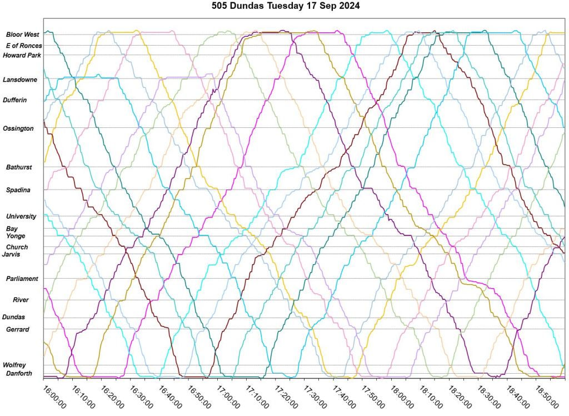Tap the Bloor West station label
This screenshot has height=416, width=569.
(x=23, y=34)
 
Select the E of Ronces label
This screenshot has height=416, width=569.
(x=24, y=46)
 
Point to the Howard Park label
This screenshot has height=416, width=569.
(x=22, y=55)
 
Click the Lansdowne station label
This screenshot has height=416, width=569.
(x=20, y=80)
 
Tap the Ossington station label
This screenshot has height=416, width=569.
(x=18, y=128)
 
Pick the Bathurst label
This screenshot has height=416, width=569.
(x=19, y=167)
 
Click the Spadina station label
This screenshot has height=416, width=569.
(x=18, y=190)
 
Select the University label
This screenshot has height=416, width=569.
(x=21, y=216)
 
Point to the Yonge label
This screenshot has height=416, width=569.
(x=16, y=236)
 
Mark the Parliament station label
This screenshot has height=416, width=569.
(x=22, y=279)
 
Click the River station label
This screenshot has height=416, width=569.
(x=21, y=300)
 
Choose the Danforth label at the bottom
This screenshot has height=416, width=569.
(x=19, y=373)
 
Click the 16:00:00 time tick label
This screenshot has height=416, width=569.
(x=54, y=395)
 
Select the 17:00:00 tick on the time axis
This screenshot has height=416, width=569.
(x=228, y=395)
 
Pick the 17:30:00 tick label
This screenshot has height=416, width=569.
(x=315, y=395)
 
